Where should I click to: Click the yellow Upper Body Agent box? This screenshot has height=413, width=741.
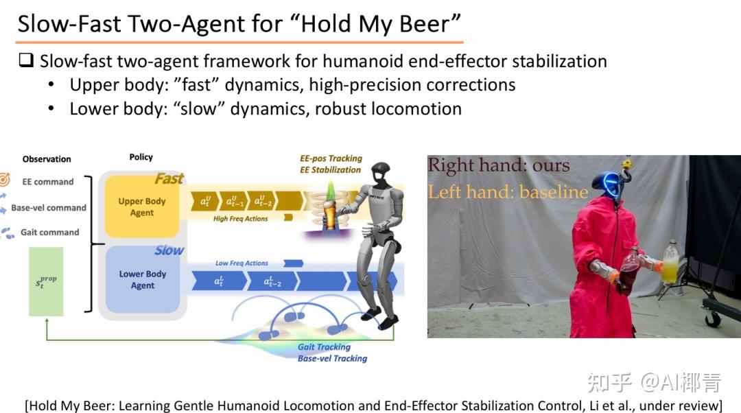[142, 206]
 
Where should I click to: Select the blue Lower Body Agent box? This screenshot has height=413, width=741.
[142, 279]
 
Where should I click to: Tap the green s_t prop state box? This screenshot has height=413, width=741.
[46, 282]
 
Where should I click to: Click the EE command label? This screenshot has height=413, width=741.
[48, 182]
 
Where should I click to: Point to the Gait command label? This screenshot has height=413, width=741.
[49, 232]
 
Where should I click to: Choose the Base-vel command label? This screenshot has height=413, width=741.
[49, 207]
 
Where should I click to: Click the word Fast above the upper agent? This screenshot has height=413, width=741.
[169, 178]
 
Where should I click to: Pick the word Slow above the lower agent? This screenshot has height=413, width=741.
[169, 250]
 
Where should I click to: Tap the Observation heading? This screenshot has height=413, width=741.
[47, 159]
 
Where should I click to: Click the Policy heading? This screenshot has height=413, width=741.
[141, 157]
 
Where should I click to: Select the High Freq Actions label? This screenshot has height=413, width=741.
[240, 219]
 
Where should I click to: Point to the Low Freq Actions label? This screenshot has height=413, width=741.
[242, 263]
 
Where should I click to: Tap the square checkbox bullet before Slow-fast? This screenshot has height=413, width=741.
[26, 60]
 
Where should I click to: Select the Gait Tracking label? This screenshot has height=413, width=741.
[324, 347]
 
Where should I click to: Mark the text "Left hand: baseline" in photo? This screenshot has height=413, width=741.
[508, 192]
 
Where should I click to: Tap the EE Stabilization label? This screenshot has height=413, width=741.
[330, 169]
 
